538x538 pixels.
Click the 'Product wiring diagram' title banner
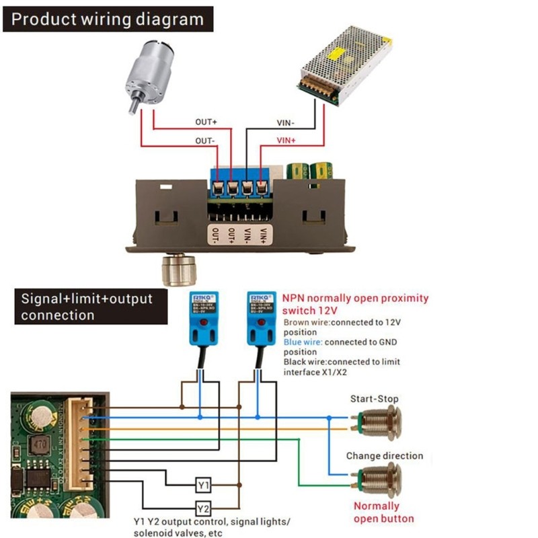(108, 18)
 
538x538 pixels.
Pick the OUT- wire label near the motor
(205, 141)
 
